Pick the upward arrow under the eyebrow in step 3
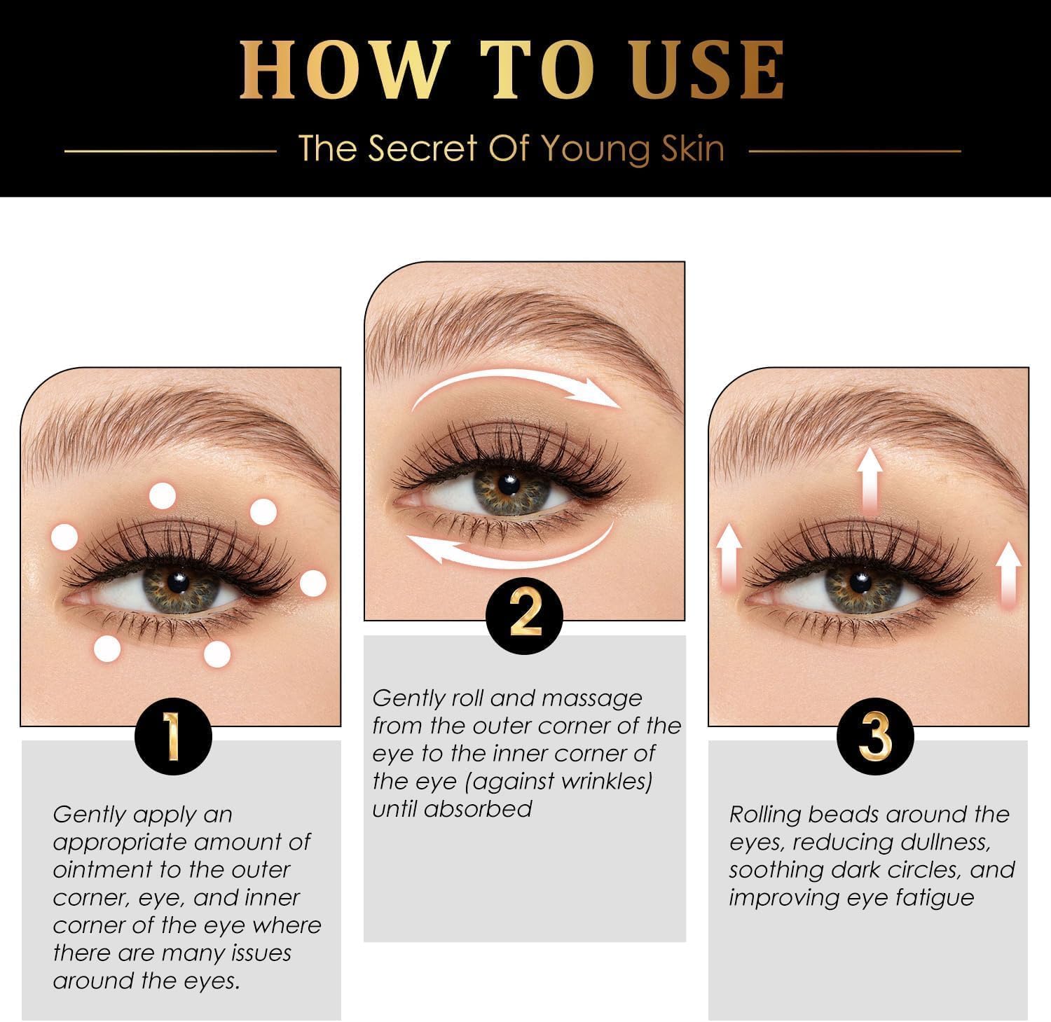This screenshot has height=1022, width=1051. (870, 481)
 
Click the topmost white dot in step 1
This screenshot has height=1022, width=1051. (163, 495)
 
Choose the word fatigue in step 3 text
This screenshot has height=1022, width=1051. (935, 898)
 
